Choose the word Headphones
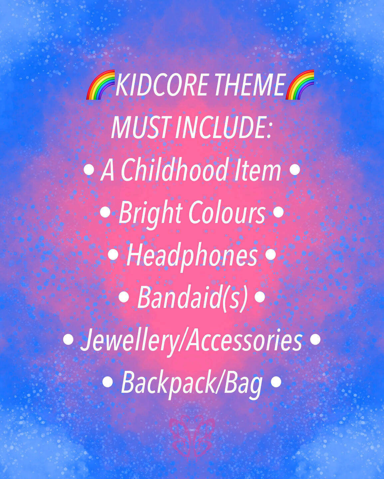(192, 256)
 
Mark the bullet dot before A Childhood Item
(89, 170)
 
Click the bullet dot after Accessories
(315, 340)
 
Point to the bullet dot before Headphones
(113, 254)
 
